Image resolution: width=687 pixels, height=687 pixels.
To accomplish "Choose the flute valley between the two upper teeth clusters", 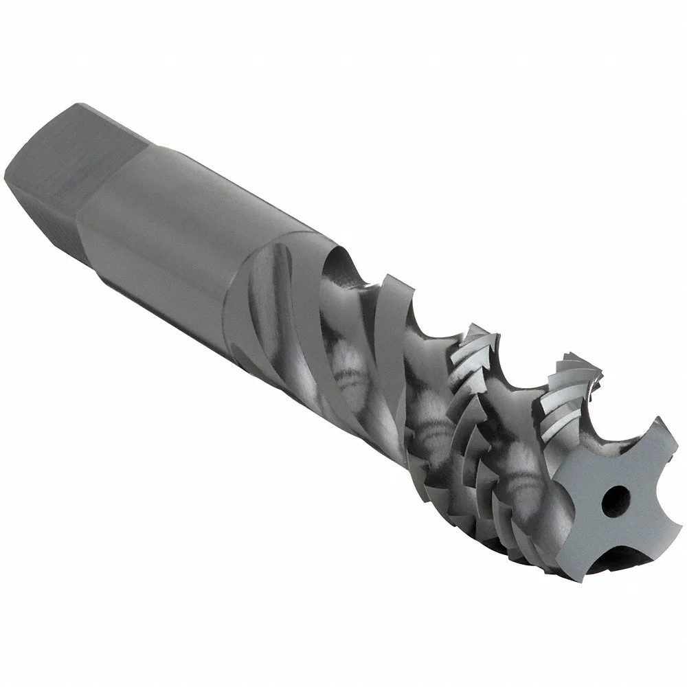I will (x=522, y=385).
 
